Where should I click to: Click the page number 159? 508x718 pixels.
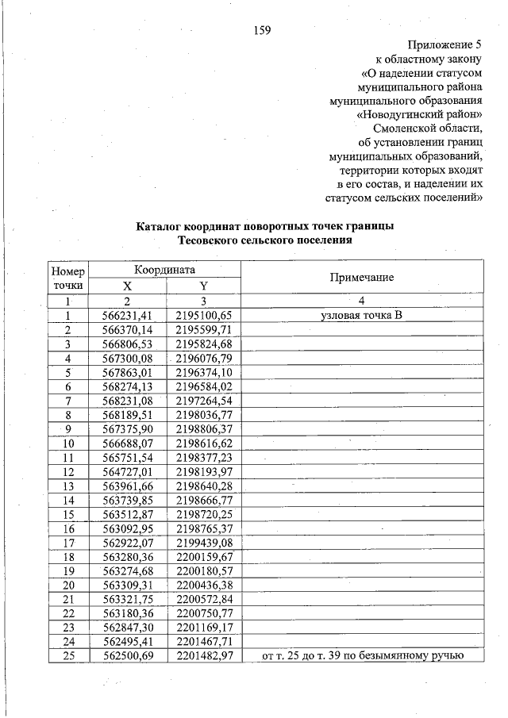tap(262, 31)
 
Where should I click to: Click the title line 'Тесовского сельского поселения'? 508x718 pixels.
tap(264, 239)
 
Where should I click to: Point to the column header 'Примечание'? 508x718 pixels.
tap(361, 278)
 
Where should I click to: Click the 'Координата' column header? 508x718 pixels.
tap(164, 270)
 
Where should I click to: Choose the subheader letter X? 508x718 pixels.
tap(127, 286)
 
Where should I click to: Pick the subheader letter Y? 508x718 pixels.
tap(203, 286)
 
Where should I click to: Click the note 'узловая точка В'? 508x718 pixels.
tap(361, 315)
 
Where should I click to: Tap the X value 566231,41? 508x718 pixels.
tap(127, 315)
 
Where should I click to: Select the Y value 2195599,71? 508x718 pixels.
tap(203, 329)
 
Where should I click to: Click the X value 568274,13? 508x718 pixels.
tap(127, 386)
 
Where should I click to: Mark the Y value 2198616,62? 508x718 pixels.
tap(203, 443)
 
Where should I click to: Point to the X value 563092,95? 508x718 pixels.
tap(127, 528)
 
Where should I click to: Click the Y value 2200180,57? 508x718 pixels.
tap(203, 570)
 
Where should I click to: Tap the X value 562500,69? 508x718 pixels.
tap(127, 655)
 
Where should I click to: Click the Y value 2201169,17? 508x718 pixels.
tap(203, 627)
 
